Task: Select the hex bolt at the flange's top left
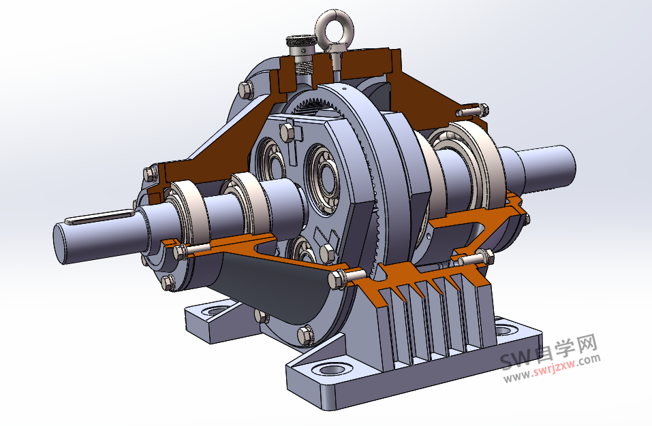point(245,90)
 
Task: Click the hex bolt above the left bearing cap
point(147,172)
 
